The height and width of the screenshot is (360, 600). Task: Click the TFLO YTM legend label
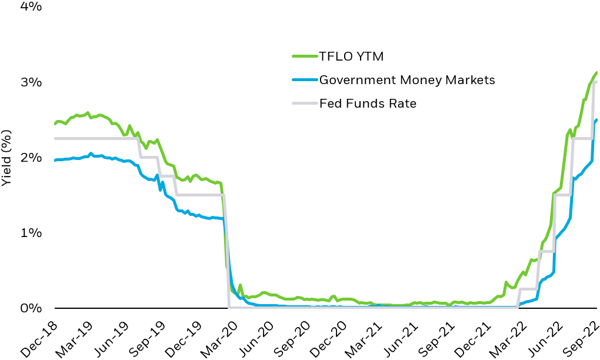[351, 56]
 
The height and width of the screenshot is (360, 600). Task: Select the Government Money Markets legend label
[407, 80]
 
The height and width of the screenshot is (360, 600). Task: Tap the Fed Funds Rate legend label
[368, 104]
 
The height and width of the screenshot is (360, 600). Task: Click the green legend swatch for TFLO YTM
[304, 56]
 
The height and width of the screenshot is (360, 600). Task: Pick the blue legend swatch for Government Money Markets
[304, 80]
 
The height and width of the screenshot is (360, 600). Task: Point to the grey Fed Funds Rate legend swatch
[304, 104]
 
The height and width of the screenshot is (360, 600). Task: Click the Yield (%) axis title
[6, 158]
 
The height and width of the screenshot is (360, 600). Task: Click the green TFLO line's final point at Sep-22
[596, 73]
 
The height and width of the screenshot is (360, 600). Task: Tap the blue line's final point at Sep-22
[596, 120]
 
